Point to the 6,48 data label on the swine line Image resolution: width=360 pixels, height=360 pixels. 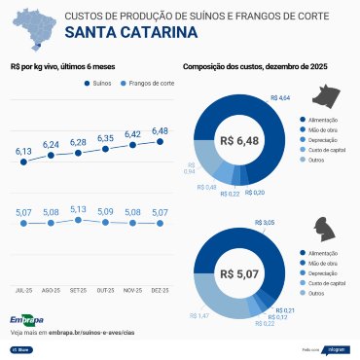point(161,130)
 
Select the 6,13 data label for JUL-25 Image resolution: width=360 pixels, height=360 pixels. point(23,151)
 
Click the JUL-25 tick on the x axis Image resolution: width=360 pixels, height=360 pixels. point(24,290)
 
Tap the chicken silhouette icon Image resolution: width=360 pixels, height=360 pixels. point(324,231)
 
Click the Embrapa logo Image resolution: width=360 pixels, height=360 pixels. point(26,319)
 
